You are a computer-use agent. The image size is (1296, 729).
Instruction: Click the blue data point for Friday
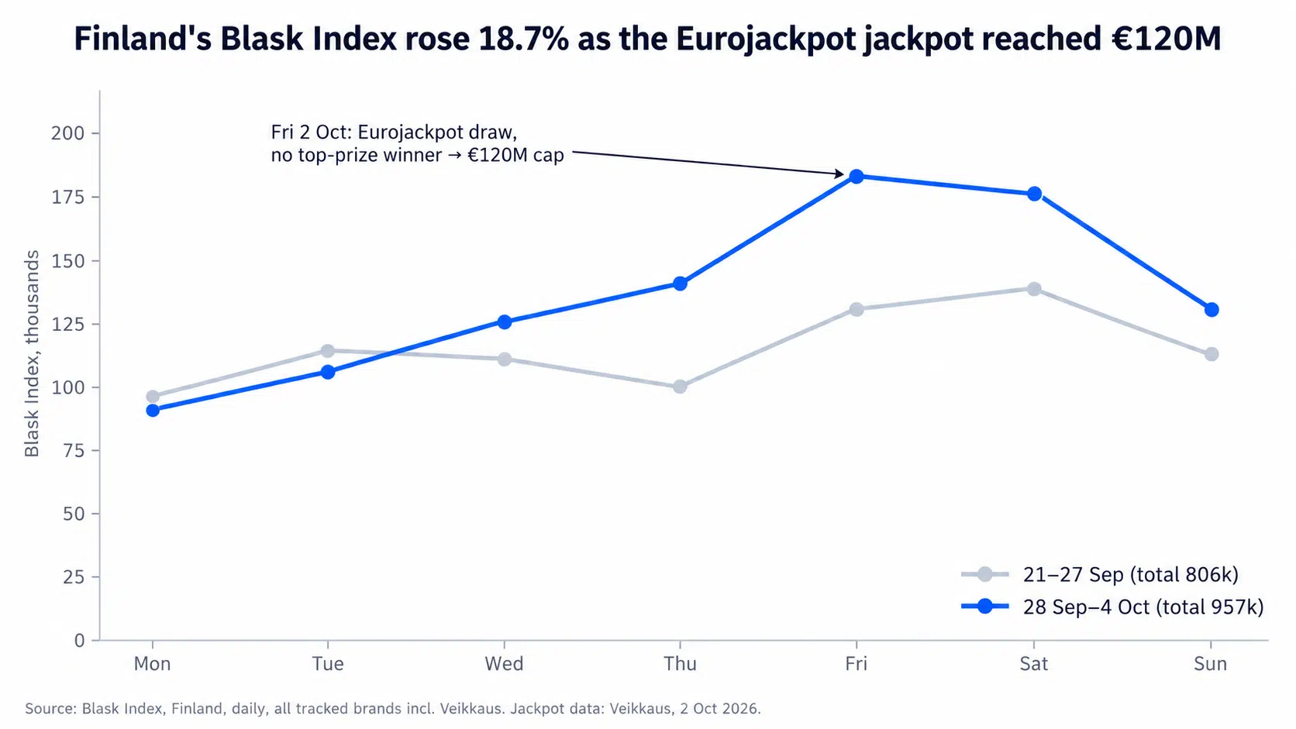857,177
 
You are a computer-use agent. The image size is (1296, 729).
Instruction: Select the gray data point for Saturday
1034,289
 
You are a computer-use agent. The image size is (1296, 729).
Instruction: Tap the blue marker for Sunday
1211,310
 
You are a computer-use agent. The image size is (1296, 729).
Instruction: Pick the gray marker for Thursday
680,386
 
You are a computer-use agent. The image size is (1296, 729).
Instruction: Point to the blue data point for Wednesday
504,322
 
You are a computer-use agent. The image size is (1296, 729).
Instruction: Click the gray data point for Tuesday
327,351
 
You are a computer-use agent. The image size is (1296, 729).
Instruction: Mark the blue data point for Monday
153,411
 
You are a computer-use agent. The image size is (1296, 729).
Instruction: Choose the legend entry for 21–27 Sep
1099,574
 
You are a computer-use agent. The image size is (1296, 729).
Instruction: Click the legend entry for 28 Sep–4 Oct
1112,607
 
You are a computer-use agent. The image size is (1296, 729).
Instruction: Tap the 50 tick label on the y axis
74,514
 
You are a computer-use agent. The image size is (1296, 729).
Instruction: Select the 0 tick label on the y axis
79,641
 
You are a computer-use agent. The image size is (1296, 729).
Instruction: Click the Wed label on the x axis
504,664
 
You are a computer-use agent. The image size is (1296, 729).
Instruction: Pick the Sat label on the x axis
1034,664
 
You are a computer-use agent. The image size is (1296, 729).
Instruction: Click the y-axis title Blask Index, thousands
32,353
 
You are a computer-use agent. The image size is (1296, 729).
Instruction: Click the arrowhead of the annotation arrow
840,174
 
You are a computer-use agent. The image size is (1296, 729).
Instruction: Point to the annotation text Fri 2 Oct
309,132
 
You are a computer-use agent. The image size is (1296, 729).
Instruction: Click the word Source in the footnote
49,709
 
